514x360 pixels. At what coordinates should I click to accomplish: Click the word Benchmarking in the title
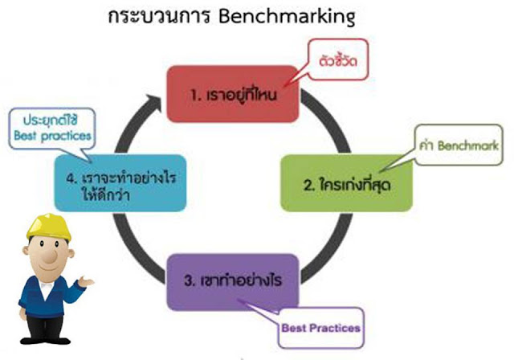[x=287, y=16]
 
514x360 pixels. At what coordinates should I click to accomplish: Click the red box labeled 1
[x=233, y=94]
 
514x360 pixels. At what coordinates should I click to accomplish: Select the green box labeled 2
[x=346, y=183]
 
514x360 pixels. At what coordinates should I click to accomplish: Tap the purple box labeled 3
[x=233, y=282]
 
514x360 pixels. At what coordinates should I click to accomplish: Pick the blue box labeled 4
[x=120, y=183]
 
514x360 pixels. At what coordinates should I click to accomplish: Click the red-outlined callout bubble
[x=337, y=59]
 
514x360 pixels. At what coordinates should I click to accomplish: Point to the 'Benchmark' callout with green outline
[x=459, y=145]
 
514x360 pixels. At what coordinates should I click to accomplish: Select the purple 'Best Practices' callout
[x=320, y=328]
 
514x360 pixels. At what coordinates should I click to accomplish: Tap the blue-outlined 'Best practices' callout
[x=52, y=129]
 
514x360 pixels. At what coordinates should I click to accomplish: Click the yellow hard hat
[x=49, y=227]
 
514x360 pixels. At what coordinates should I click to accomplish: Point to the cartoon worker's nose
[x=50, y=256]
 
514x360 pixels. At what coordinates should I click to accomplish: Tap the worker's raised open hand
[x=86, y=281]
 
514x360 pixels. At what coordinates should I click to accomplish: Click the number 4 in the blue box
[x=71, y=178]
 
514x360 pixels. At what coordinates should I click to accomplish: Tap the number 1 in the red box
[x=194, y=96]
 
